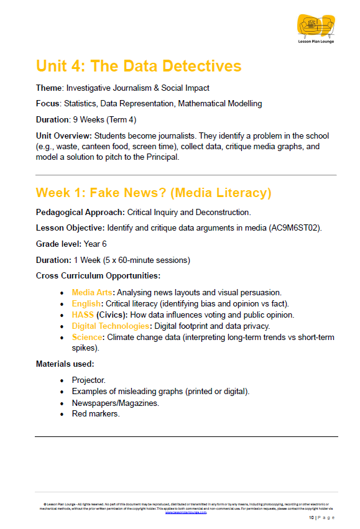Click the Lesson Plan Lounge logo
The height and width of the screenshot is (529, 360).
tap(315, 29)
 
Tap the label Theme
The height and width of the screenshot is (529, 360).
tap(49, 88)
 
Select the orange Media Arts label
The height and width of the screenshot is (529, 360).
tap(92, 292)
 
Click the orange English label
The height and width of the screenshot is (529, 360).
tap(86, 303)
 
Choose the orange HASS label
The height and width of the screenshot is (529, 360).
tap(83, 315)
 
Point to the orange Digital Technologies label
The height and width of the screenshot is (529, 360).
tap(110, 326)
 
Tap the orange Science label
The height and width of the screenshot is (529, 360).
tap(87, 337)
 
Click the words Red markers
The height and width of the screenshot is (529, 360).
tap(95, 413)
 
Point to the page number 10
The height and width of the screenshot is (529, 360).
tap(312, 518)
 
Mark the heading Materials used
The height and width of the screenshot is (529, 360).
tap(65, 364)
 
